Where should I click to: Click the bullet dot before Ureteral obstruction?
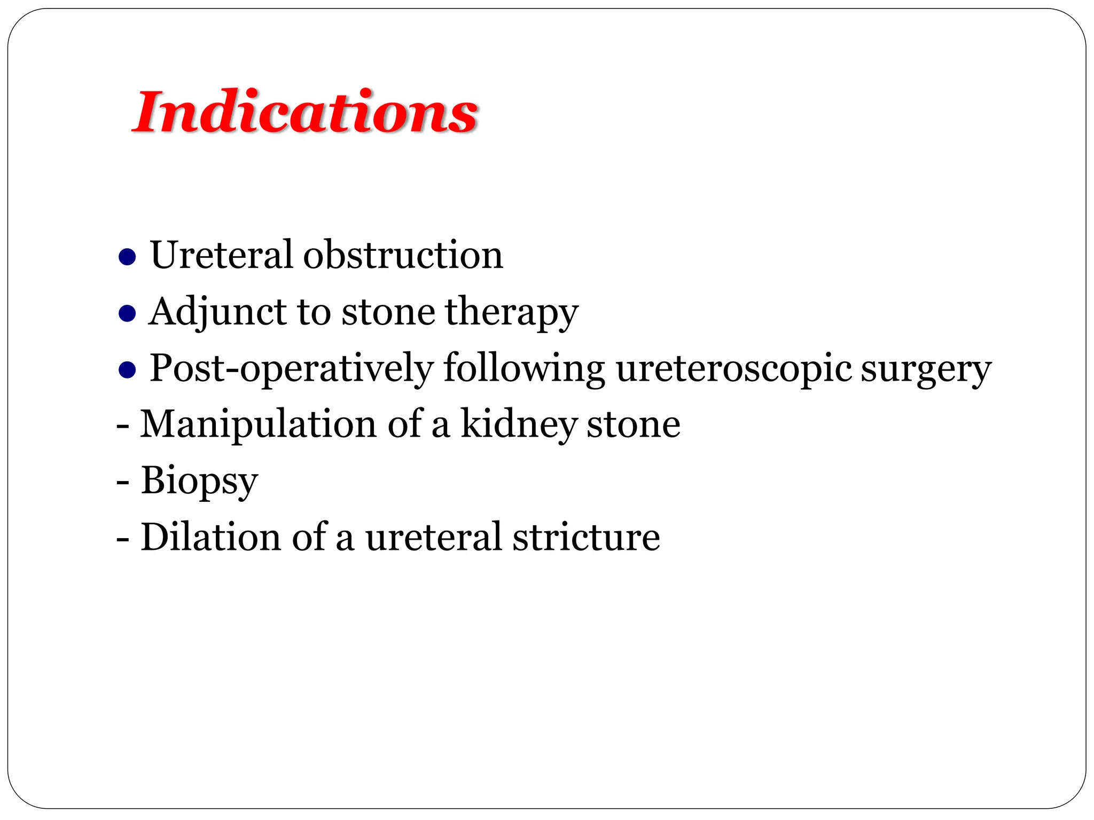tap(127, 257)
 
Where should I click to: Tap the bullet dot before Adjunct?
tap(127, 313)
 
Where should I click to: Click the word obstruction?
tap(403, 255)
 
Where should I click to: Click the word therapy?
tap(511, 312)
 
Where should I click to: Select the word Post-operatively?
tap(291, 368)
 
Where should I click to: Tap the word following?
tap(524, 368)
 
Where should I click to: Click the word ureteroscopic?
tap(734, 368)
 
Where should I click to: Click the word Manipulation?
tap(258, 424)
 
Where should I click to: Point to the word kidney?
tap(519, 424)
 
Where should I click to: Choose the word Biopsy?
tap(199, 480)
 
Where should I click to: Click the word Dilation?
tap(210, 537)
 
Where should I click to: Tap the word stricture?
tap(586, 537)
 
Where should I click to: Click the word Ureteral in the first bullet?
tap(221, 255)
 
